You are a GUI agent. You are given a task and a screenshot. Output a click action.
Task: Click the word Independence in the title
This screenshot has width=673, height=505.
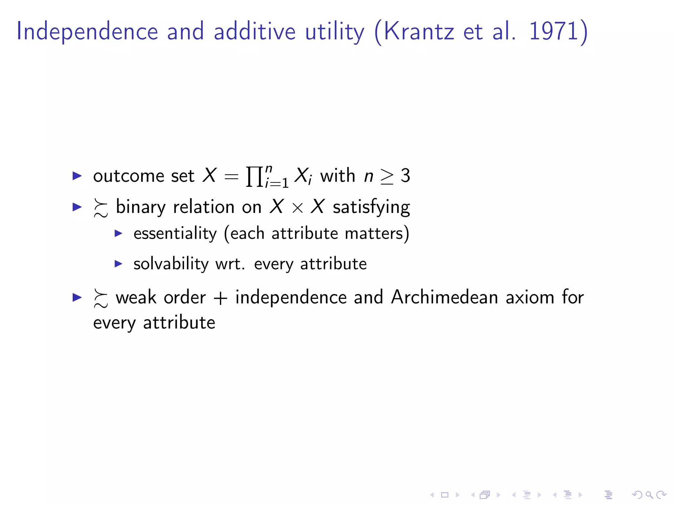(x=87, y=31)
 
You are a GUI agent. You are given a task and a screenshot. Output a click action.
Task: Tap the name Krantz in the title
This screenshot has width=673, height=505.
(x=419, y=31)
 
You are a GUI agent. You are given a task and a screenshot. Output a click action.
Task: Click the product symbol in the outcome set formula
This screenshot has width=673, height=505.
(x=254, y=177)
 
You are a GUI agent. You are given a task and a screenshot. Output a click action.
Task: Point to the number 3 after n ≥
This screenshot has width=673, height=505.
(x=405, y=176)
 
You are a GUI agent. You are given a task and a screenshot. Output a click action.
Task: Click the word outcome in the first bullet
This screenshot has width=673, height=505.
(x=128, y=176)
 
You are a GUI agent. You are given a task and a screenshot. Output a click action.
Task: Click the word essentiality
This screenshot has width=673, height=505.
(x=175, y=234)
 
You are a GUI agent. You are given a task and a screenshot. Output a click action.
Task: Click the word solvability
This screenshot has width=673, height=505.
(x=171, y=264)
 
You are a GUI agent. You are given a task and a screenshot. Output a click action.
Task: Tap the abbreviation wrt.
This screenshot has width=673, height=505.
(x=230, y=264)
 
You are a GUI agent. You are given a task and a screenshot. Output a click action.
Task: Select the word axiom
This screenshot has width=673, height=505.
(x=530, y=297)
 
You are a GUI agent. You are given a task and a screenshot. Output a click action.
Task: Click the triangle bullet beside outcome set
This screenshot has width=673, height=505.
(x=77, y=176)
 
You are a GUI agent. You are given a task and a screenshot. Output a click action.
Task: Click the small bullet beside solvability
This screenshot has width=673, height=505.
(x=118, y=263)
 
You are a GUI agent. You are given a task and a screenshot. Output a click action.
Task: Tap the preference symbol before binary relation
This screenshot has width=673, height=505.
(x=101, y=208)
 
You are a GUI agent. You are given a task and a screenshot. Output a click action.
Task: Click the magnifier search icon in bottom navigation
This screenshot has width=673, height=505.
(x=649, y=494)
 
